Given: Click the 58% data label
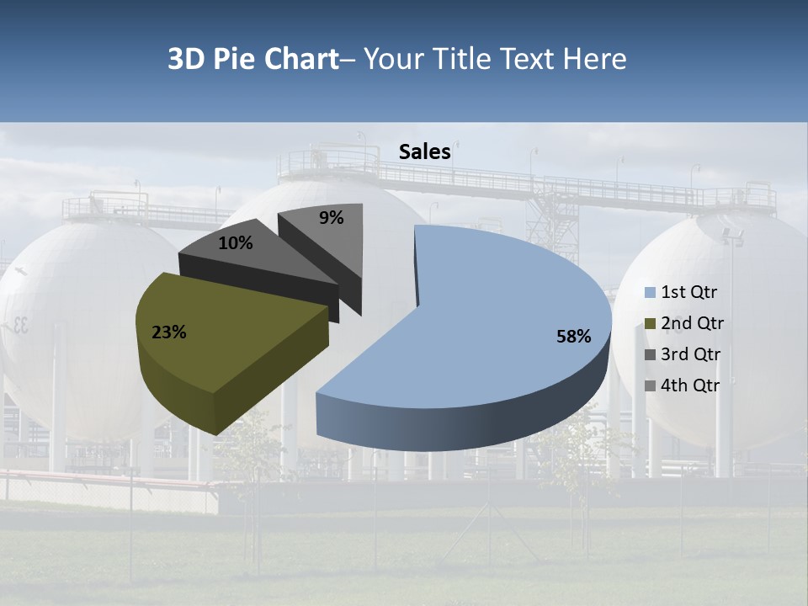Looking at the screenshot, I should tap(573, 337).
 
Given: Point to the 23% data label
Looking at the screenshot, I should tap(168, 332).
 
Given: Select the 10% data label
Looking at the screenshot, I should tap(235, 243).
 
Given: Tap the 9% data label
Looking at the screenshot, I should tap(332, 218).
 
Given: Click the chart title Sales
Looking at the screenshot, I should tap(425, 151).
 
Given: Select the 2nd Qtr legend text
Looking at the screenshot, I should tap(692, 323).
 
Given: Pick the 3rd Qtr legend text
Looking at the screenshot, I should tap(691, 354).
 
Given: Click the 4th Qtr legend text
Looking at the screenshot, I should tap(691, 385).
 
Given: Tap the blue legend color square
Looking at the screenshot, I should tap(650, 293).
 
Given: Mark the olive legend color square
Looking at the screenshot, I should tap(650, 324).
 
